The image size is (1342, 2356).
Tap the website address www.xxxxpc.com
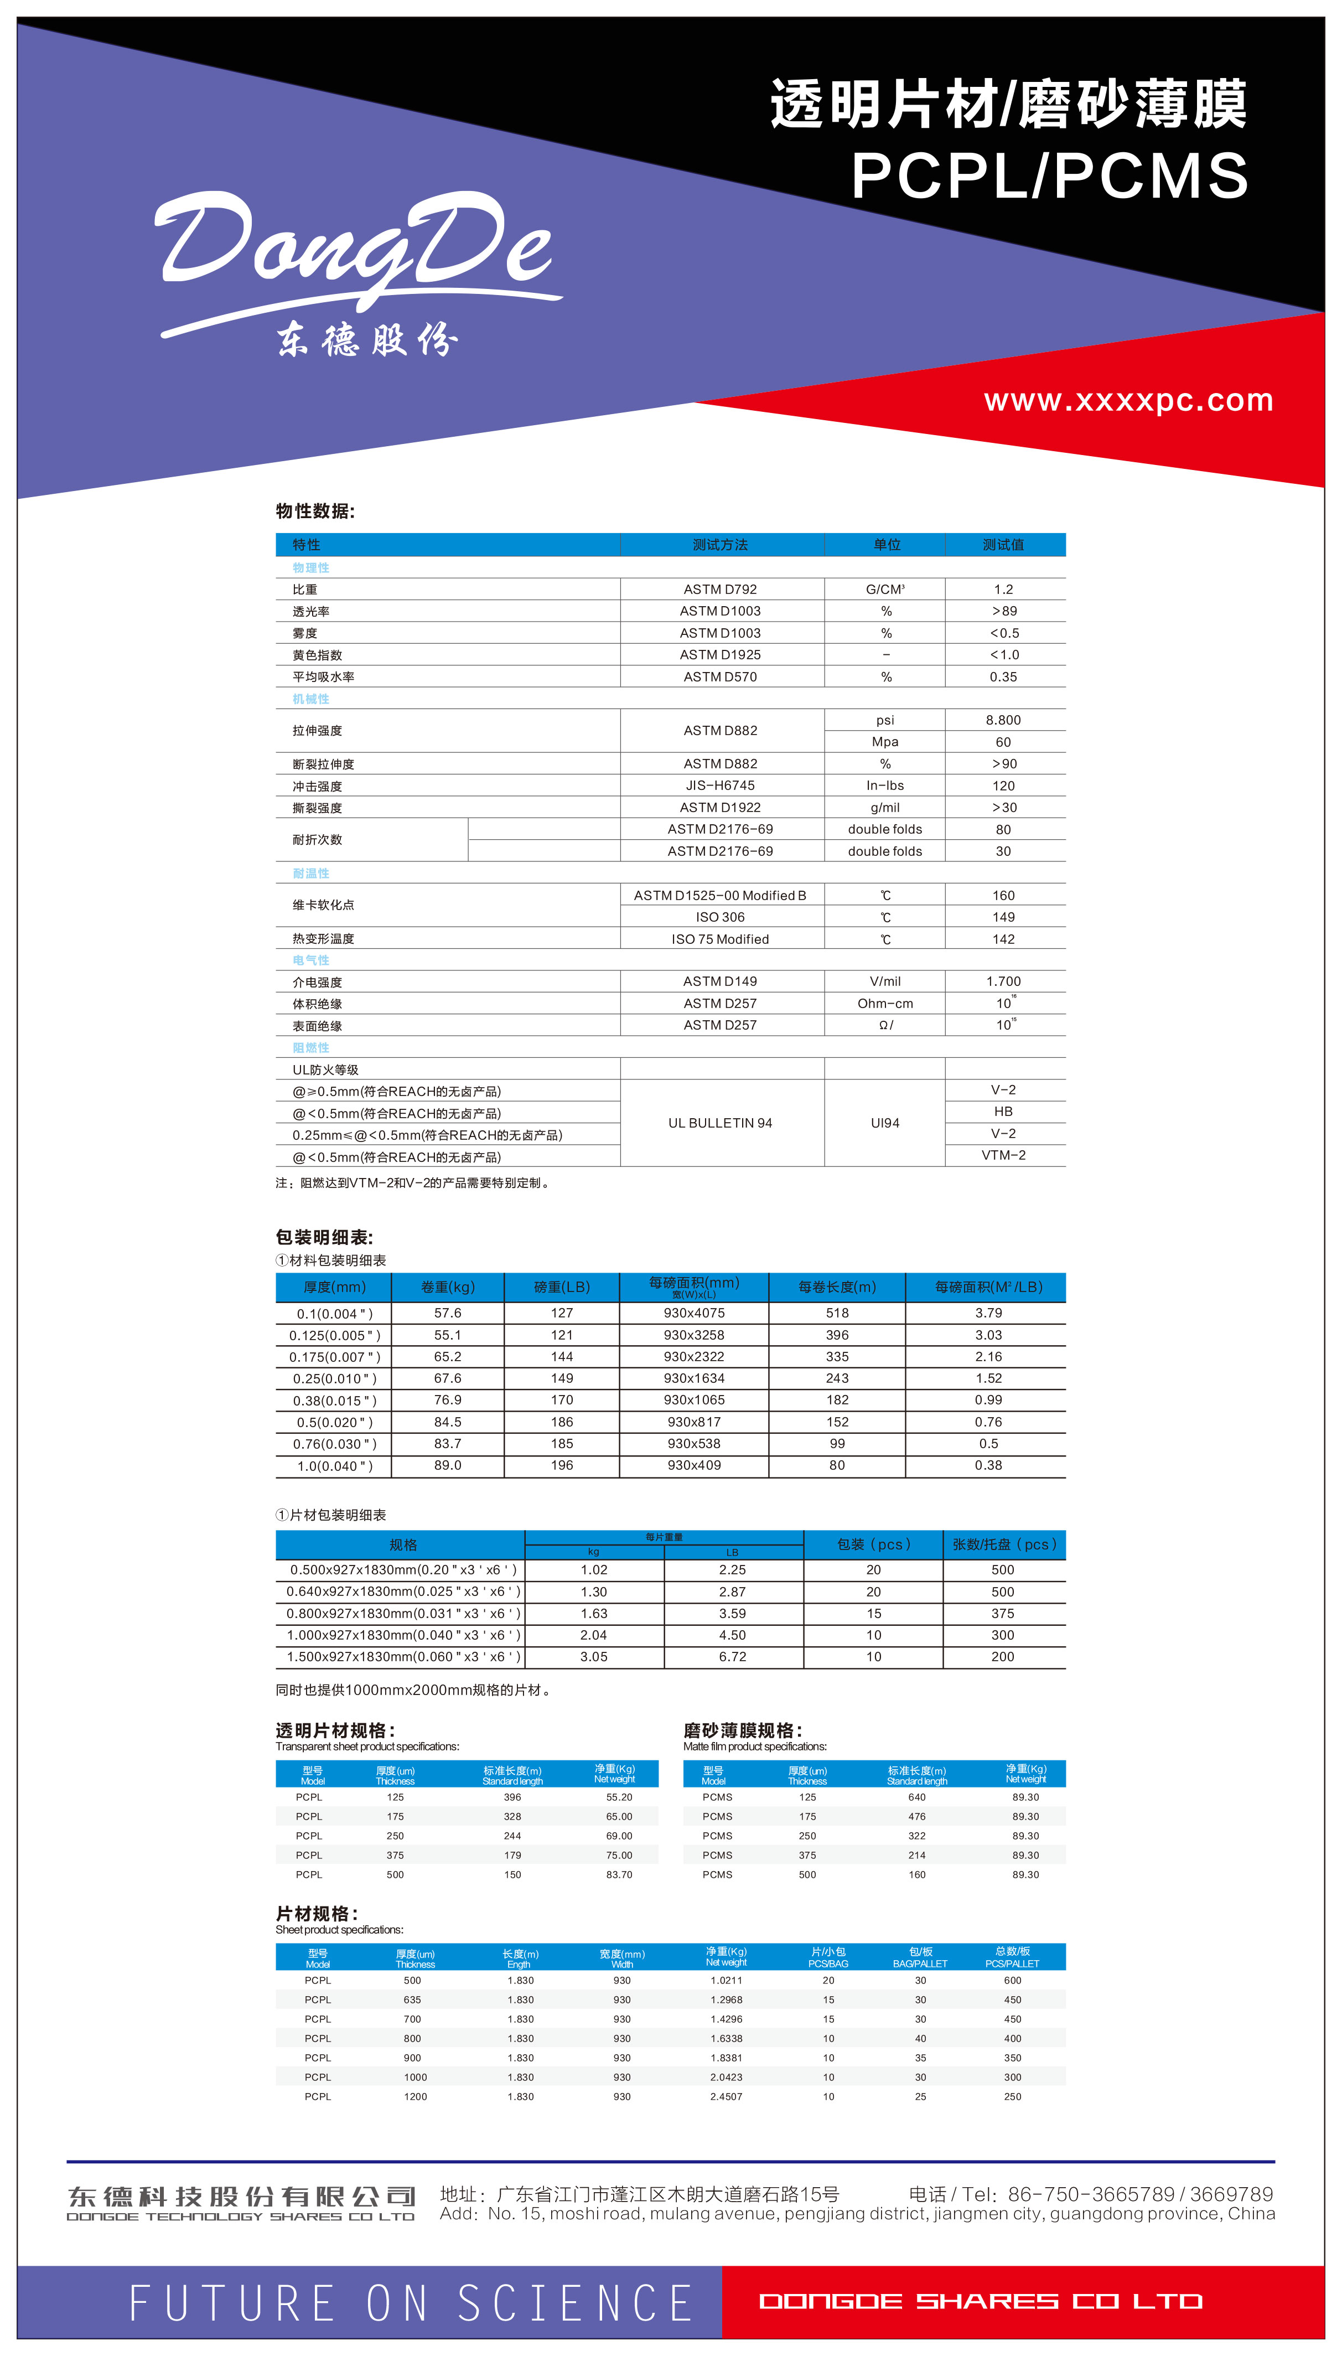[1128, 400]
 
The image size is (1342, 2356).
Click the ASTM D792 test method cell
[720, 589]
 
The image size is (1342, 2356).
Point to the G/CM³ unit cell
[885, 589]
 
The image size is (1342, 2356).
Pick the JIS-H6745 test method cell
[720, 786]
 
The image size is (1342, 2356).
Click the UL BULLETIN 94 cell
[720, 1123]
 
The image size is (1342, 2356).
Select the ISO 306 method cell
[720, 917]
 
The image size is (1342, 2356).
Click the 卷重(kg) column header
[448, 1286]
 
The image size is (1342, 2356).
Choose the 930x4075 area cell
[694, 1313]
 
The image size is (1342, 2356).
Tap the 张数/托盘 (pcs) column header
[1004, 1544]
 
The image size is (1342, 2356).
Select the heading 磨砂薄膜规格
[742, 1730]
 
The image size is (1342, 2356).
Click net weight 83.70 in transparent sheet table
[619, 1874]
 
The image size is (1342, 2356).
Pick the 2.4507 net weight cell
[726, 2096]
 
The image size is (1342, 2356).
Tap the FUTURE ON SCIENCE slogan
[410, 2302]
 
